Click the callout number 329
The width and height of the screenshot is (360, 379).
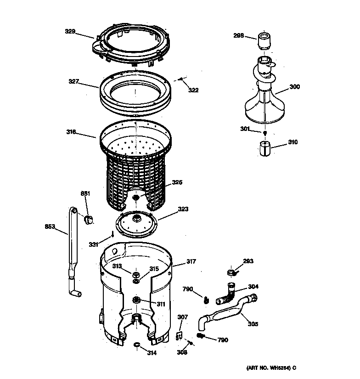click(70, 32)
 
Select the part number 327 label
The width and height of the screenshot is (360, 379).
click(74, 82)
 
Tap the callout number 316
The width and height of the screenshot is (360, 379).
click(71, 132)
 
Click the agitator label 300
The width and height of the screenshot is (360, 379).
click(294, 86)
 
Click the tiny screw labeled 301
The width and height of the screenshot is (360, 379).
click(265, 133)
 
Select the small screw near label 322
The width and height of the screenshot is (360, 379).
click(181, 80)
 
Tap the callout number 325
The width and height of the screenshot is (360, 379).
click(177, 182)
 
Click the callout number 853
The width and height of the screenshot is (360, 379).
click(50, 226)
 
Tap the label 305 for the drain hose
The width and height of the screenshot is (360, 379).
click(253, 324)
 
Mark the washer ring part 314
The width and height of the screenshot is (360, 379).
click(136, 345)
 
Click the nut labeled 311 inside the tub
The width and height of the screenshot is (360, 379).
click(136, 300)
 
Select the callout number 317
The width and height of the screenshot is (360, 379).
click(191, 262)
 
